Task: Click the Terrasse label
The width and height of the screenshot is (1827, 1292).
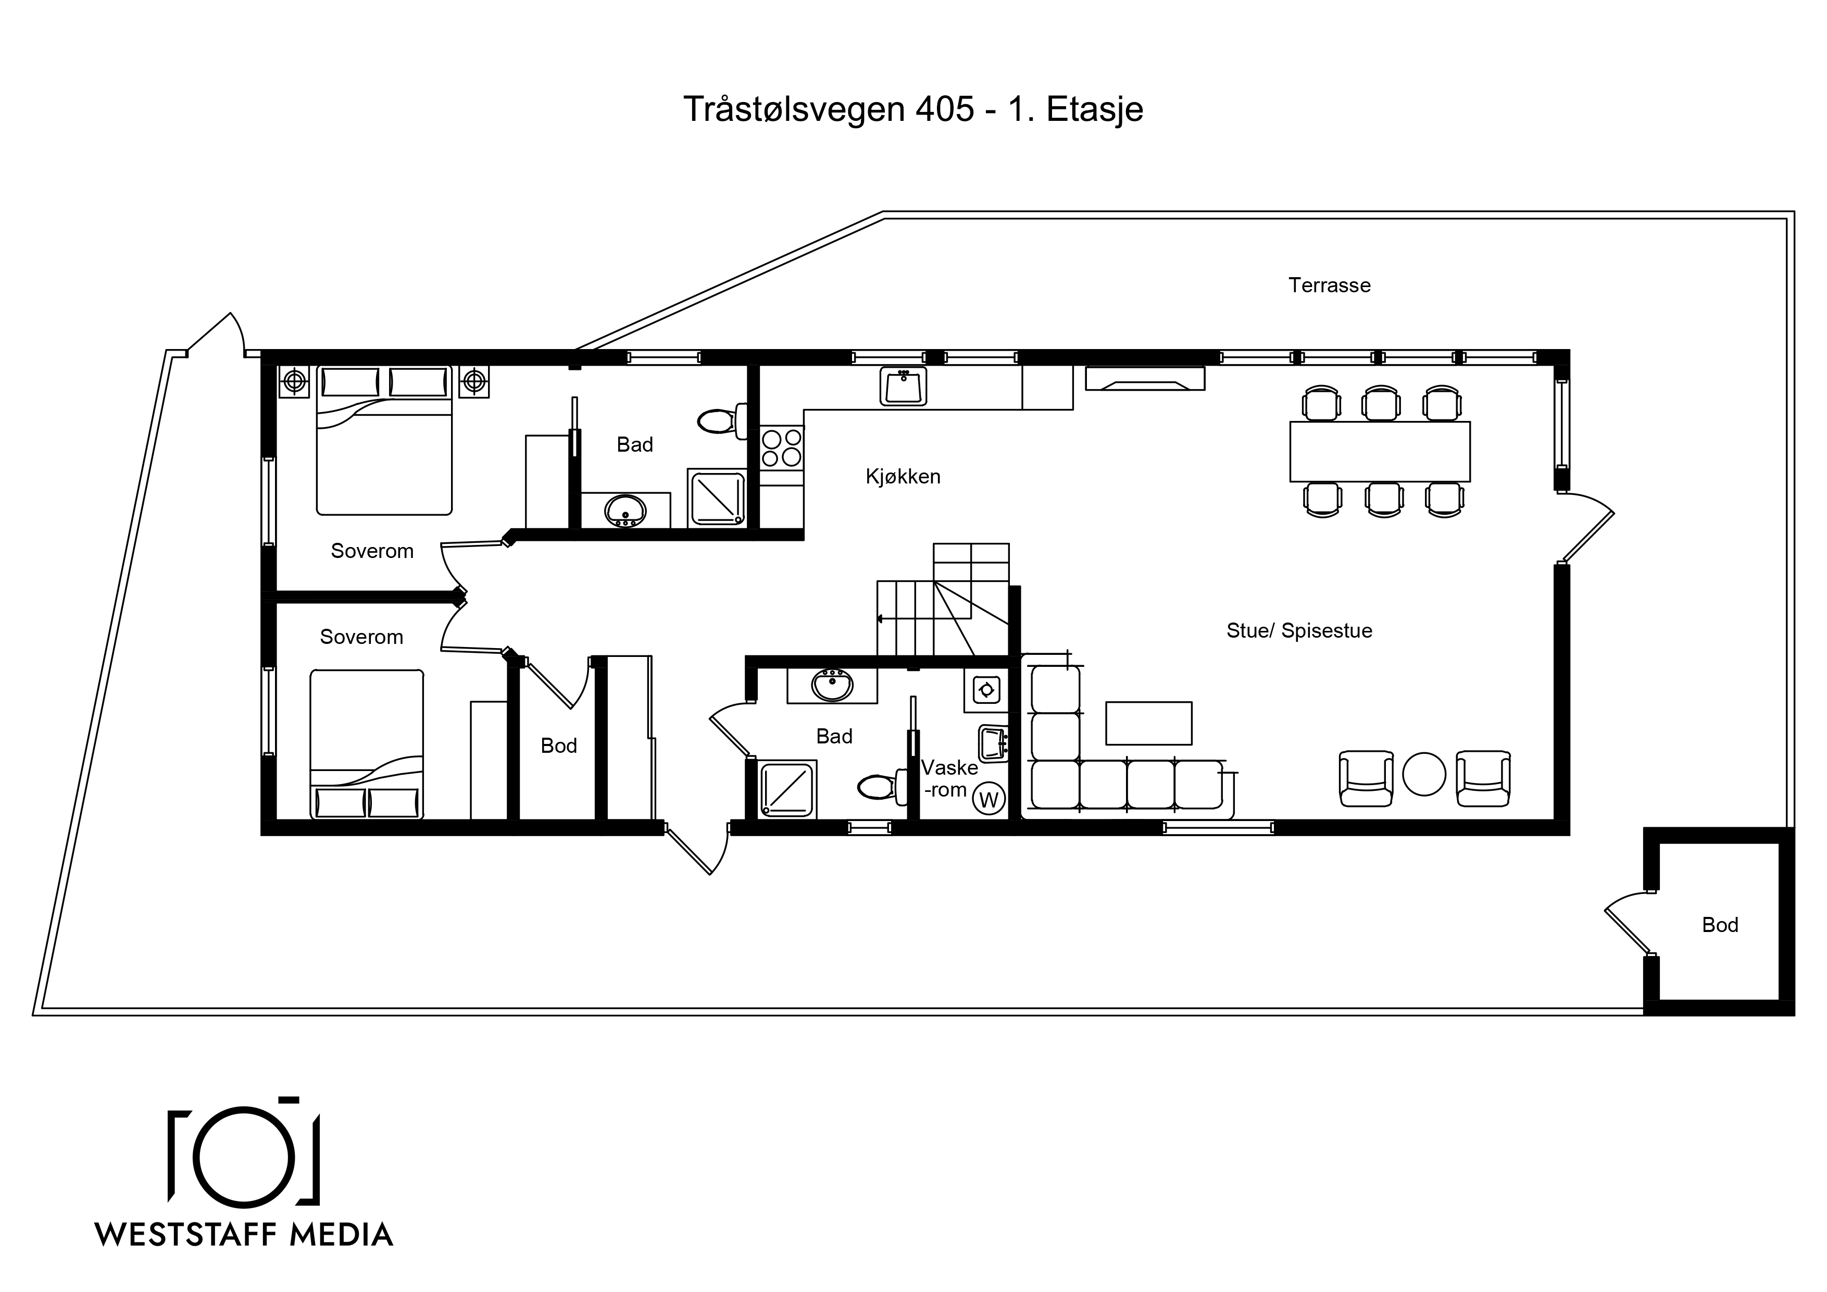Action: tap(1329, 285)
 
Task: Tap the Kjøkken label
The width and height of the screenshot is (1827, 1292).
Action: tap(903, 476)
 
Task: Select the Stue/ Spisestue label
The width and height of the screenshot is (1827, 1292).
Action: tap(1299, 630)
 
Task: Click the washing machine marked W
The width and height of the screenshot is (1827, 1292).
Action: tap(988, 799)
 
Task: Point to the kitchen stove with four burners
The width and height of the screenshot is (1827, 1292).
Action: tap(781, 448)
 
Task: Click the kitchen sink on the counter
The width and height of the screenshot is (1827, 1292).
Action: tap(903, 386)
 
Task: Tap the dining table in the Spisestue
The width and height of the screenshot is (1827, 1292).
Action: tap(1380, 451)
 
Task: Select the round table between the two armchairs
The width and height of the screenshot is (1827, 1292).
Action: tap(1423, 774)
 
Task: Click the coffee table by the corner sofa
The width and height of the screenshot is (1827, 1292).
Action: tap(1149, 723)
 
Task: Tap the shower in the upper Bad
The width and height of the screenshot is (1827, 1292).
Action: tap(716, 499)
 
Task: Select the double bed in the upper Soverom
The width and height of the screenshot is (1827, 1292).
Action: tap(384, 439)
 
